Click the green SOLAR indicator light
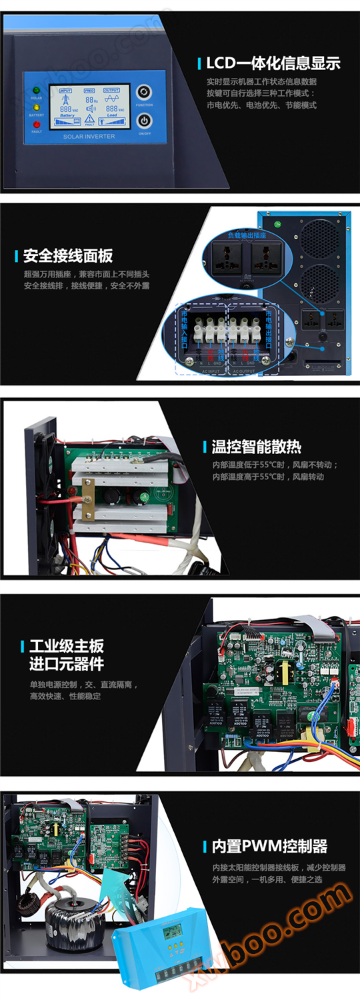coord(36,90)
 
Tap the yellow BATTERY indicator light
coord(36,107)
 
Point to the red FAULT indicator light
coord(36,123)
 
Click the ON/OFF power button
coord(144,121)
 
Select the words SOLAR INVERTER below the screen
coord(89,137)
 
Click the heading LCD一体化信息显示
coord(273,63)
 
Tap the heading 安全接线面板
coord(67,255)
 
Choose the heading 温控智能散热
coord(256,447)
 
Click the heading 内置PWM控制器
coord(269,847)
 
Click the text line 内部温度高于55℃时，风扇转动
coord(269,477)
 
